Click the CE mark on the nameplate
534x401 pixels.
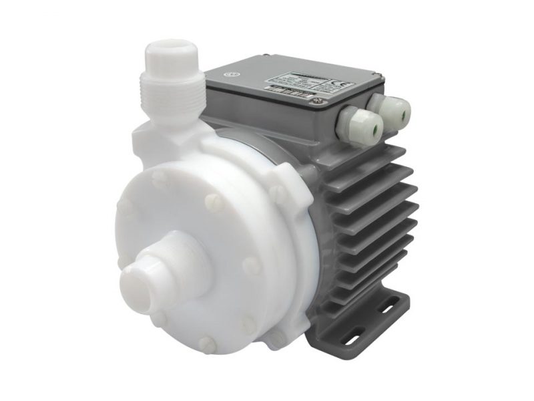click(338, 84)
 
